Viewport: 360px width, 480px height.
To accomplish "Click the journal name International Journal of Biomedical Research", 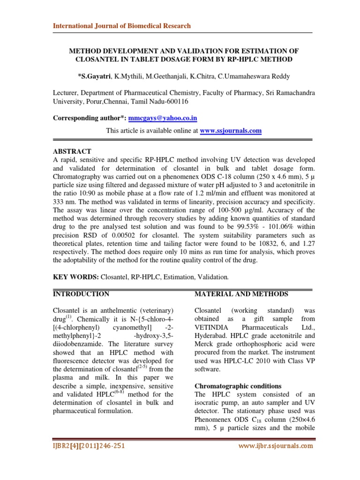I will [x=121, y=26].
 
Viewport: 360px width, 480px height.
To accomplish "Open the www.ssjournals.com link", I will [x=231, y=131].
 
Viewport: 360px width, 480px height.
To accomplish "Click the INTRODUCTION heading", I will [x=81, y=294].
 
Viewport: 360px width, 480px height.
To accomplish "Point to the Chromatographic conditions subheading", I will [x=238, y=386].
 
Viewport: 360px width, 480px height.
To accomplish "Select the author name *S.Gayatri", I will [x=97, y=75].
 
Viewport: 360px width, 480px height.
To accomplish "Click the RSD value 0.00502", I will [x=122, y=235].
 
